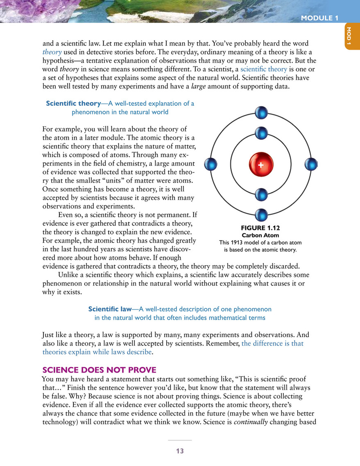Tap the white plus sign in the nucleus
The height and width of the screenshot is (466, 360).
260,164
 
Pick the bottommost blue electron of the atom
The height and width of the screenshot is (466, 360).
261,214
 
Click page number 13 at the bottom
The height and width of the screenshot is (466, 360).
180,451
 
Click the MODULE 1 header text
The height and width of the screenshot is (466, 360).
319,18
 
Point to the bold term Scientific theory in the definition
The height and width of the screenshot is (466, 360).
73,104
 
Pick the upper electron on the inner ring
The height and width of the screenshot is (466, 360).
261,133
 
